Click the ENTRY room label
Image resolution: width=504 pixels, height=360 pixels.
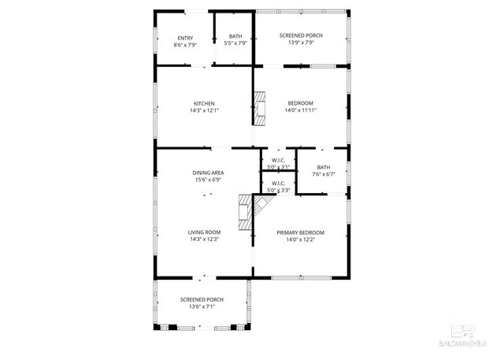(x=185, y=38)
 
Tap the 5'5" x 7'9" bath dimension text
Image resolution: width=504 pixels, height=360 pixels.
(x=235, y=45)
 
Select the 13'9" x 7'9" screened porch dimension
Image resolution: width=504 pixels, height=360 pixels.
(x=300, y=45)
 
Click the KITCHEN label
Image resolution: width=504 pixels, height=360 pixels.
(x=204, y=103)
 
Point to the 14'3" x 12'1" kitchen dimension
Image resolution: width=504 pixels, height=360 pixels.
(x=204, y=111)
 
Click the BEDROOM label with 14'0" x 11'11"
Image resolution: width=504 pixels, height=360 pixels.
(x=300, y=103)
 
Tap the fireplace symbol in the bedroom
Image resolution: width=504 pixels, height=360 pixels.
(x=260, y=108)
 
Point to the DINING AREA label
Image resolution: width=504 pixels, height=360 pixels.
(x=209, y=173)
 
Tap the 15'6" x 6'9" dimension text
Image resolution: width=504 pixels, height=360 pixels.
(x=209, y=180)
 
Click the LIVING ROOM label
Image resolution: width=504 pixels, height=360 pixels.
(x=204, y=232)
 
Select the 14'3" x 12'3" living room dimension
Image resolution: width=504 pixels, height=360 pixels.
(x=204, y=239)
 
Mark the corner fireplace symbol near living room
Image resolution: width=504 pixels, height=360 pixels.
(x=251, y=211)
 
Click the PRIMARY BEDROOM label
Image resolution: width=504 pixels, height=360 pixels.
(x=300, y=232)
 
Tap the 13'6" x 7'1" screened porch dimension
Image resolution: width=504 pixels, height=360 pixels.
(x=202, y=306)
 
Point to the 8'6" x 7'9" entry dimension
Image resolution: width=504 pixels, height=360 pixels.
(x=185, y=45)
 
